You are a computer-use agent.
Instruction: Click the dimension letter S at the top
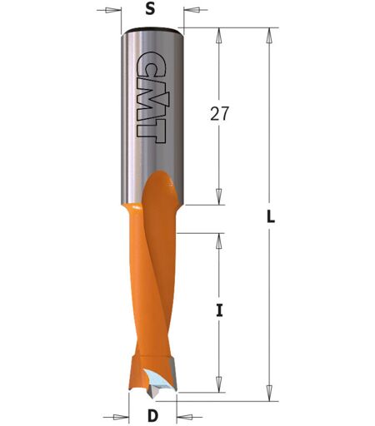tap(150, 10)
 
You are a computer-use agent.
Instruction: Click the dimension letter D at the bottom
tap(152, 416)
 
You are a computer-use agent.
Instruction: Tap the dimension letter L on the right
tap(271, 216)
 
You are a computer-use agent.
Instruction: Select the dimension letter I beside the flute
tap(219, 310)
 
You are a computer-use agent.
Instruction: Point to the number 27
tap(219, 114)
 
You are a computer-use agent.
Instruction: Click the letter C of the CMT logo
tap(152, 64)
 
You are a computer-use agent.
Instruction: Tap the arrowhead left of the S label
tap(113, 10)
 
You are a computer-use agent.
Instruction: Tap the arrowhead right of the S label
tap(192, 10)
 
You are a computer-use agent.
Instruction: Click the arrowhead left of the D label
tap(121, 417)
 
